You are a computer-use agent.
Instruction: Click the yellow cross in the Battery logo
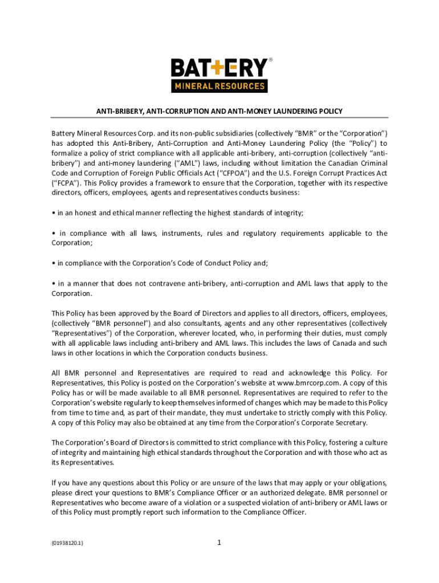coord(209,69)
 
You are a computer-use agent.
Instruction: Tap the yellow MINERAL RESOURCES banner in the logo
coord(219,87)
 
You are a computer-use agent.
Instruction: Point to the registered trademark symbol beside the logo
coord(270,59)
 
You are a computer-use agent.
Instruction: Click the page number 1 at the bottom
coord(219,543)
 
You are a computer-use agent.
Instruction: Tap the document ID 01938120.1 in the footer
coord(67,543)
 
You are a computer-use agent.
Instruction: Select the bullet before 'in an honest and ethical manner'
coord(54,213)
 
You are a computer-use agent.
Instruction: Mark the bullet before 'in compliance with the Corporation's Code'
coord(54,263)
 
